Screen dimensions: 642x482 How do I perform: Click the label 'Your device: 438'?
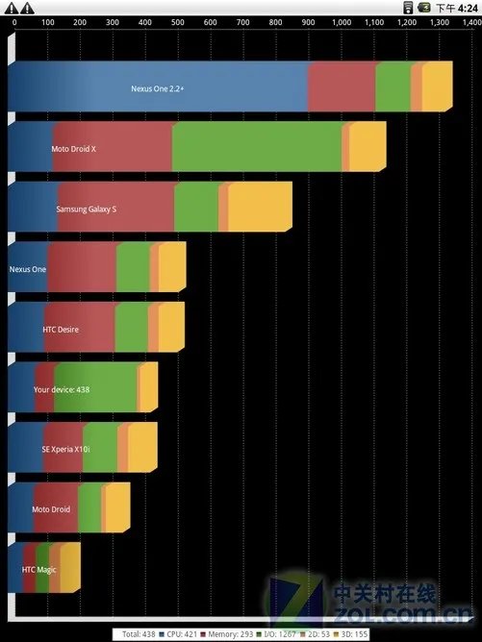click(x=62, y=390)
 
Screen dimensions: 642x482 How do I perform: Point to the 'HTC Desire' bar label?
click(x=61, y=330)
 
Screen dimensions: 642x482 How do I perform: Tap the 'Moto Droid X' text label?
click(x=74, y=149)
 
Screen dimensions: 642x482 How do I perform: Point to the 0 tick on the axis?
click(x=13, y=22)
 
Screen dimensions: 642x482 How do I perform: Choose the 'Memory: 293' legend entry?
click(x=228, y=634)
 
